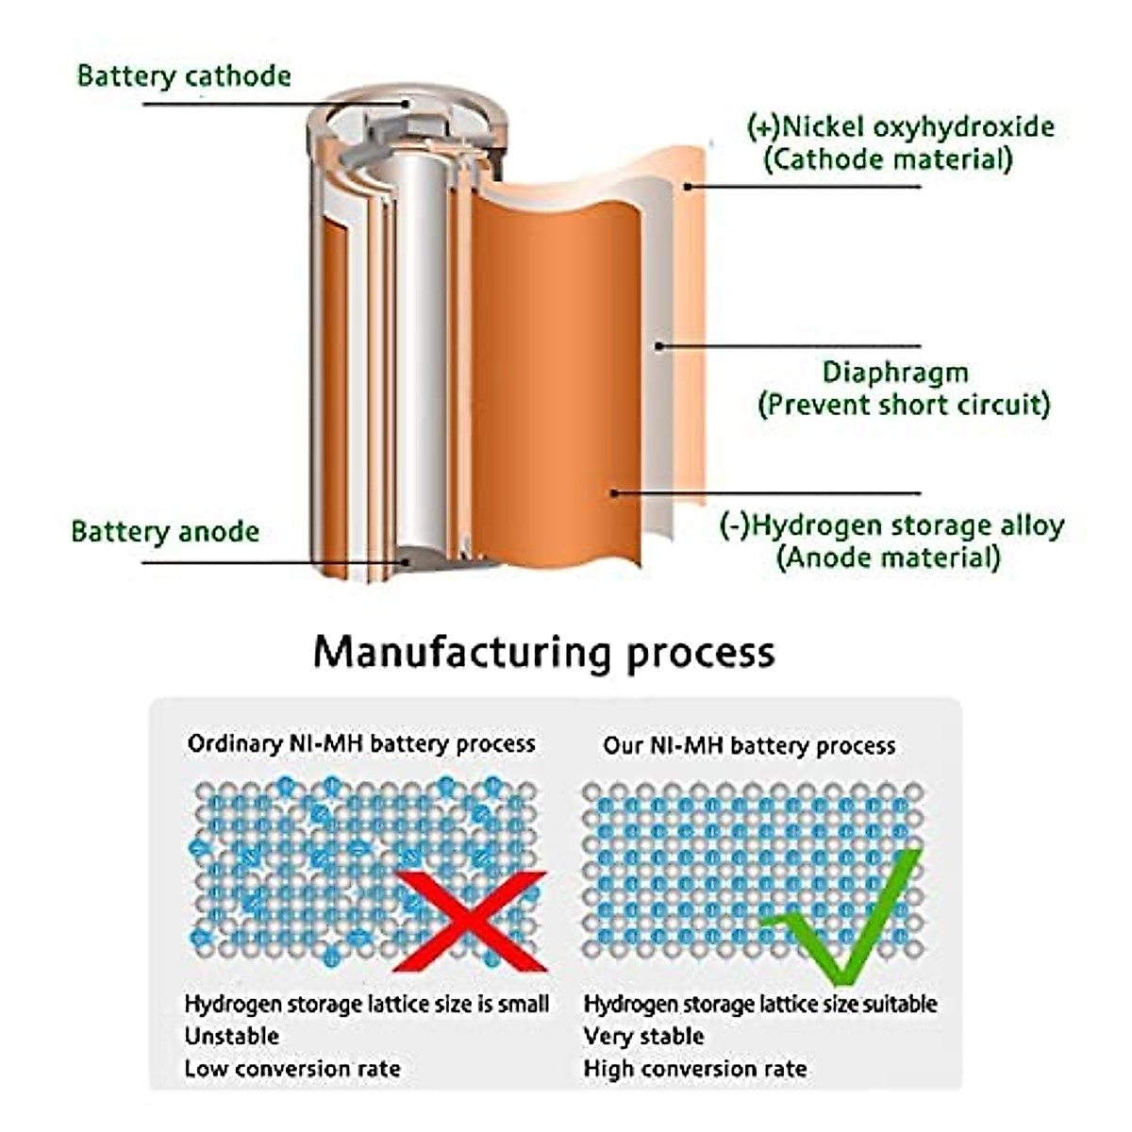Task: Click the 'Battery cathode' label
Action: (x=184, y=75)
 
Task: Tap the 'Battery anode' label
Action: (x=165, y=531)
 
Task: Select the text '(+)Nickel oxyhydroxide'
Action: (x=900, y=126)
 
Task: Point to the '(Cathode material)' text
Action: (x=887, y=158)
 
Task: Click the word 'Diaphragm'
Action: (x=895, y=372)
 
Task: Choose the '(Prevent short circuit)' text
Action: (x=904, y=405)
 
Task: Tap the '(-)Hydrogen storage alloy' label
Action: (x=891, y=525)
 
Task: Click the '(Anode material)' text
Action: (x=888, y=558)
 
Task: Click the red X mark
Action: (x=470, y=920)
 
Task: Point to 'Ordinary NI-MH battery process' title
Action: (x=361, y=744)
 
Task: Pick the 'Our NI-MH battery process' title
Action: (x=749, y=746)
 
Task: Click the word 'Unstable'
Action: (x=232, y=1036)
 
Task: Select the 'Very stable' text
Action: (x=643, y=1036)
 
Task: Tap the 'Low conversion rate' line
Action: (x=292, y=1069)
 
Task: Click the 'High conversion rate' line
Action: (x=695, y=1069)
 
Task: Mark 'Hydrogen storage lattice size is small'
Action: (x=366, y=1004)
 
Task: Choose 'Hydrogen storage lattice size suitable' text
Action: (x=760, y=1004)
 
